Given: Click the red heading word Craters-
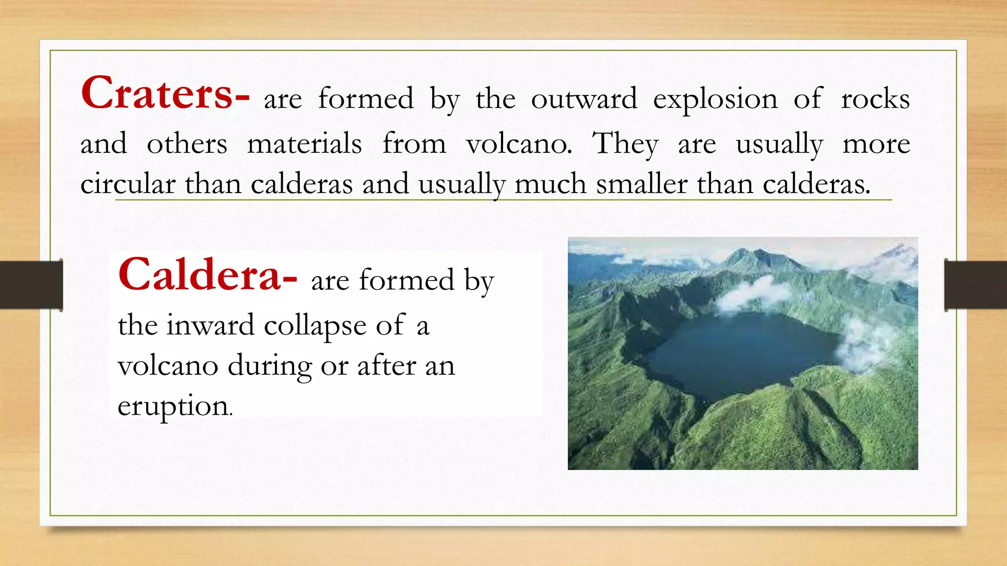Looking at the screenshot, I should (165, 93).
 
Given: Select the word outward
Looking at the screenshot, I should (584, 99).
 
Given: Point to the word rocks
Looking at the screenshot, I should (875, 99).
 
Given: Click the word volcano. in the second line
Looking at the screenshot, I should (519, 144).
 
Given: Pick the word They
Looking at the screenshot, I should (624, 144).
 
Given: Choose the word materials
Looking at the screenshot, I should (304, 144).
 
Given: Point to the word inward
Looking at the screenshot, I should (210, 325).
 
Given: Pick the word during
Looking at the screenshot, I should (269, 367).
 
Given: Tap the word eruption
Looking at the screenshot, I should (174, 407).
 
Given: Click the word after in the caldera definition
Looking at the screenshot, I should (386, 366).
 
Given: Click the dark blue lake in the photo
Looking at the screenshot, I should (738, 354).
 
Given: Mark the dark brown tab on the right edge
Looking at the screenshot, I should (976, 285).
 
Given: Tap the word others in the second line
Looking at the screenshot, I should (187, 144).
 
